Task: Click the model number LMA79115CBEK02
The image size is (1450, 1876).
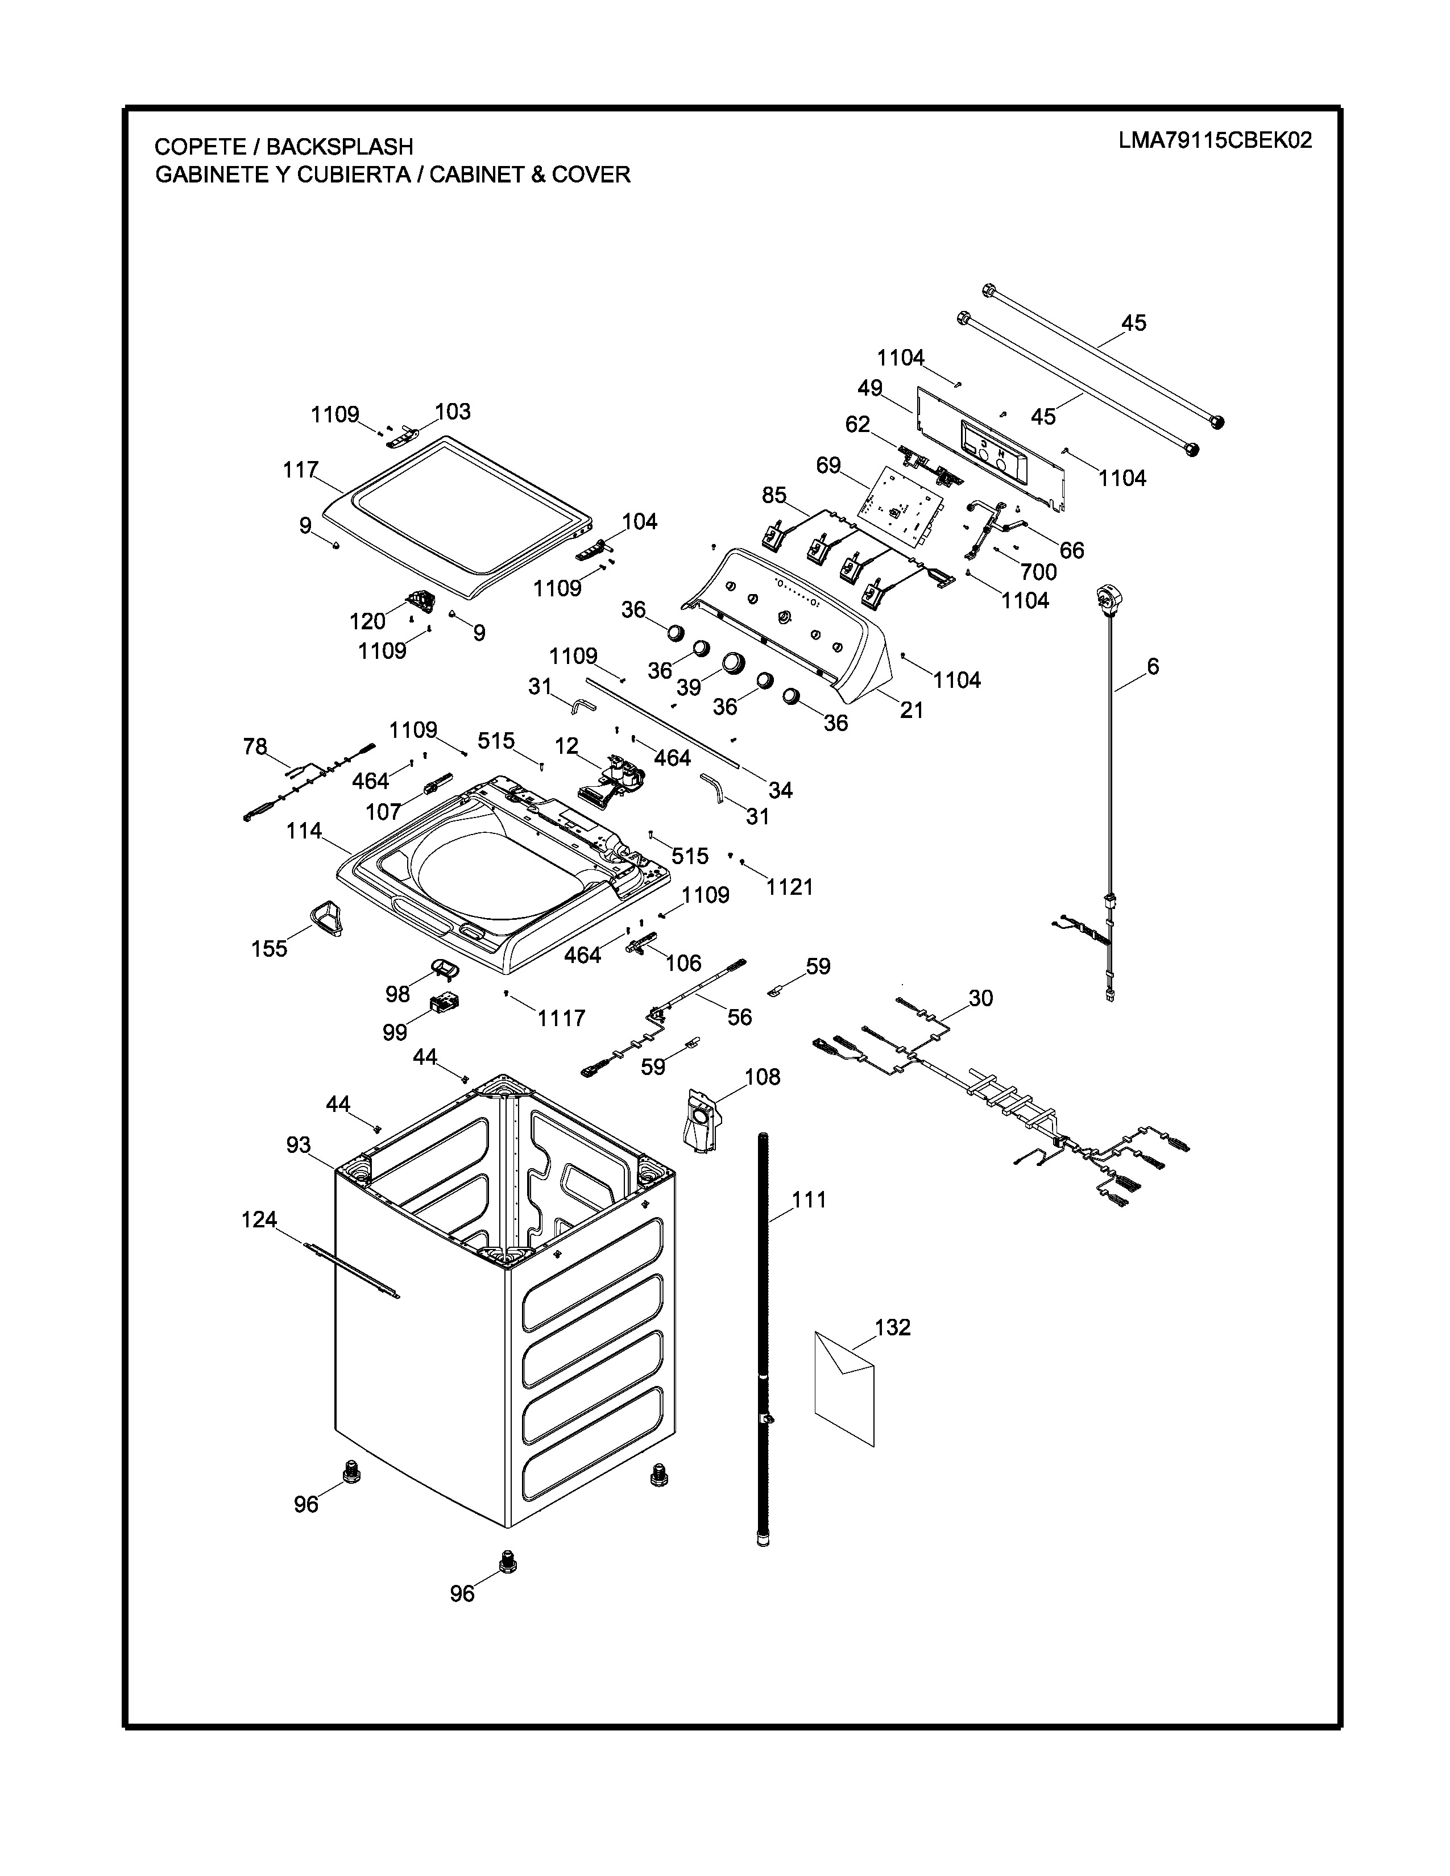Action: click(x=1215, y=141)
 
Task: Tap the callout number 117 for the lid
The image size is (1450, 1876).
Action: click(x=301, y=470)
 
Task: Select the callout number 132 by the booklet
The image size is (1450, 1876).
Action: click(x=893, y=1327)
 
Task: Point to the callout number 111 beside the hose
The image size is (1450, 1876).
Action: click(x=809, y=1199)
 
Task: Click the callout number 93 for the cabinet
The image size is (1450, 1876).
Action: click(x=298, y=1144)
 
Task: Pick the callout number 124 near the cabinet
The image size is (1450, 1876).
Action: click(x=259, y=1219)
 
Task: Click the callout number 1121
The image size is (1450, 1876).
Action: click(x=789, y=886)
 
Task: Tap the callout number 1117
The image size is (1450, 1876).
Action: click(x=561, y=1018)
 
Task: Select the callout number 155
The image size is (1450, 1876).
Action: click(x=269, y=948)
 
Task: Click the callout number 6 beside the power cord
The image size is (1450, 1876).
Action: click(x=1153, y=666)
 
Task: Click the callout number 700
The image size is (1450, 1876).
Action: click(x=1038, y=571)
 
